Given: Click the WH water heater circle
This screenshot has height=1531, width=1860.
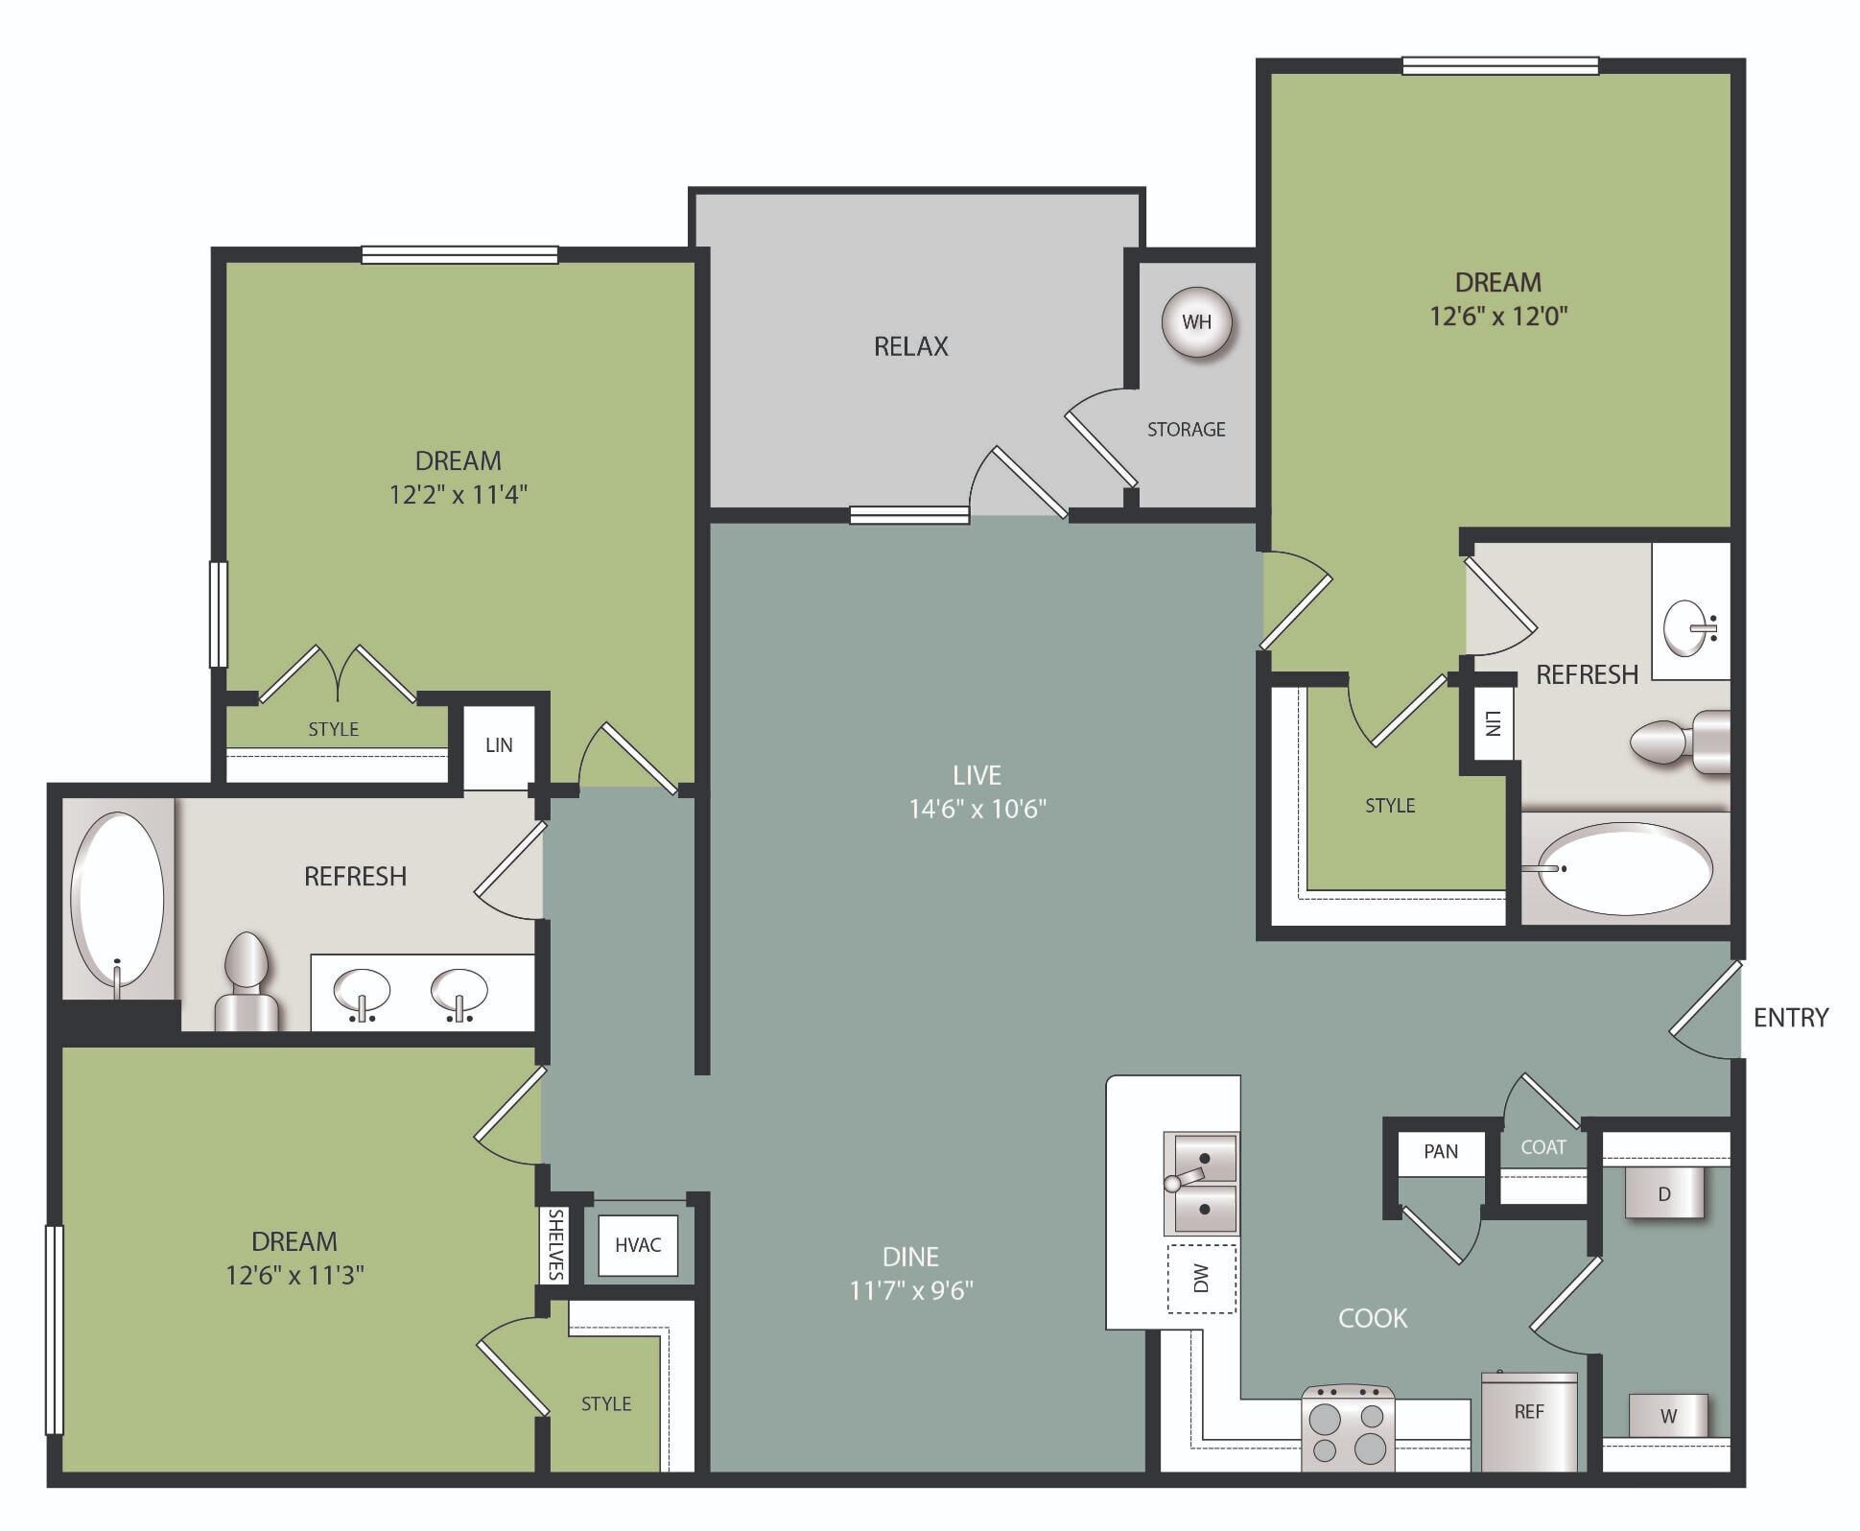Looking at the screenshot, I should (1196, 322).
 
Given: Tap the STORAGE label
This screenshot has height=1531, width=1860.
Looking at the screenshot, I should (1186, 430).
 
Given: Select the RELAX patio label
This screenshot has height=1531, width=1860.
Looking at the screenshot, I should (910, 346).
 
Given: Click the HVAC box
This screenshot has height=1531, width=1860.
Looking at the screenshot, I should (638, 1245).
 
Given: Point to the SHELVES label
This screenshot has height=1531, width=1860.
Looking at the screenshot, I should (555, 1244).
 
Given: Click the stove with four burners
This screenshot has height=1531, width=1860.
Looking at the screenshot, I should (1348, 1428).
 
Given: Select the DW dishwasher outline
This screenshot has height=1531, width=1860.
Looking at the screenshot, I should (1201, 1279).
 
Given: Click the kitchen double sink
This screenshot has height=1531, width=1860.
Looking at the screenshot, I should (1200, 1184).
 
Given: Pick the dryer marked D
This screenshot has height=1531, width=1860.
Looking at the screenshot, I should (1664, 1193).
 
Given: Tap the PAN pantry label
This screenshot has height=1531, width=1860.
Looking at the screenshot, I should (1441, 1152).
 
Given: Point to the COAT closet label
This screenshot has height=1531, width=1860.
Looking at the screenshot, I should (1542, 1147).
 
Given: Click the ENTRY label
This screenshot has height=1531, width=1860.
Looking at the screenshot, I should (1790, 1018).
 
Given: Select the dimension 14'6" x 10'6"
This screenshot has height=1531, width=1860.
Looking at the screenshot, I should (977, 809).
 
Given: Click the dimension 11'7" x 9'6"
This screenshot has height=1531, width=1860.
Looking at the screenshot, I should (910, 1290).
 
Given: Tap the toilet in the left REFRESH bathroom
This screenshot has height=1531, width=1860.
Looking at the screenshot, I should (246, 983).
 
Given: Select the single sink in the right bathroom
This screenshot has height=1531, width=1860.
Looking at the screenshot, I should (1689, 627).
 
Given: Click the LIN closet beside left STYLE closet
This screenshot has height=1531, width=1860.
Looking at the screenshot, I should (499, 745).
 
